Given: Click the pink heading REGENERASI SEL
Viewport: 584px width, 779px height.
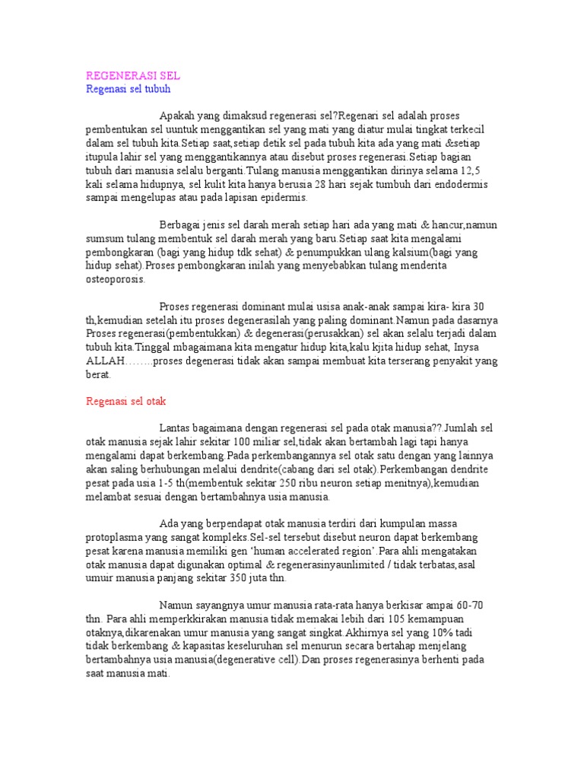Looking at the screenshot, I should coord(133,77).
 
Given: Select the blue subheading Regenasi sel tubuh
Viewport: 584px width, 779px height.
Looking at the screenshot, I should coord(128,89).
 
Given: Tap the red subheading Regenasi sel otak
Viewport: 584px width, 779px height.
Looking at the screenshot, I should coord(125,400).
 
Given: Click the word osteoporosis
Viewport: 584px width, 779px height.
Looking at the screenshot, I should coord(114,279).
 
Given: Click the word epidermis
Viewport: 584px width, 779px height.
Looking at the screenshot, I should coord(281,197).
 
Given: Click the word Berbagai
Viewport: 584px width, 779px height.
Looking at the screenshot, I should coord(180,224).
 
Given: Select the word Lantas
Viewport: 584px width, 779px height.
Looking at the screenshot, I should coord(176,429).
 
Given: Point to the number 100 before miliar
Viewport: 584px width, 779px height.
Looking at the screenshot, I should coord(245,442).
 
